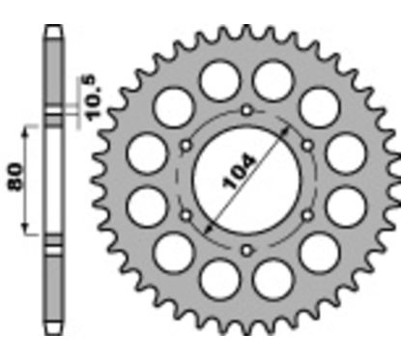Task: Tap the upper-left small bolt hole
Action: [x=184, y=146]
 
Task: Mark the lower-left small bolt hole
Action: [x=184, y=216]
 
